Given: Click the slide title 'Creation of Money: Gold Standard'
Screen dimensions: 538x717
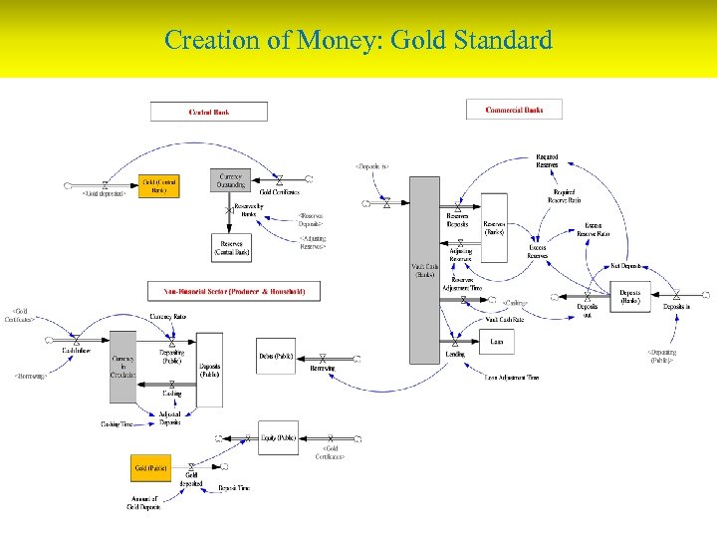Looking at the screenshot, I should pos(358,41).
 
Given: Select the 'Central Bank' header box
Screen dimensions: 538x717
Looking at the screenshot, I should pos(209,112).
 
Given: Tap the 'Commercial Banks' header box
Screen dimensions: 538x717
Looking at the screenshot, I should pos(514,110).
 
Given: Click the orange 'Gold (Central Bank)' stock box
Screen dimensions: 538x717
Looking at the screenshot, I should pos(159,185).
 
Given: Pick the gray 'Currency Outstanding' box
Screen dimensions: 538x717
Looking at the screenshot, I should pos(230,179).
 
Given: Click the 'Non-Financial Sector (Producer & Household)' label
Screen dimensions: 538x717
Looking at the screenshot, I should pos(235,291).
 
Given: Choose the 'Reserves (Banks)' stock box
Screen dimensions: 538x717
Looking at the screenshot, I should pos(494,227).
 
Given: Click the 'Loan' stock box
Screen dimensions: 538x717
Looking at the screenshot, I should pos(496,342).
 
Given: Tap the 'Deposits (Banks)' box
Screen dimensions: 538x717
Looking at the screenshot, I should pos(630,296).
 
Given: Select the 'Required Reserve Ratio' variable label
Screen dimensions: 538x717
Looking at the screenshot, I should pos(563,195).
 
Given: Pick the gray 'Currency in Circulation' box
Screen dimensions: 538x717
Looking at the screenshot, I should pos(122,367).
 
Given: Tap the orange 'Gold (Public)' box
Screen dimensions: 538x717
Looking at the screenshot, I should pos(151,467).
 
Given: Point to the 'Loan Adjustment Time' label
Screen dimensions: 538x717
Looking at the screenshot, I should pos(513,378).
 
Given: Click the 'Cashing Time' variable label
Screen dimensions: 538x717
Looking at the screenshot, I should pos(117,423).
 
